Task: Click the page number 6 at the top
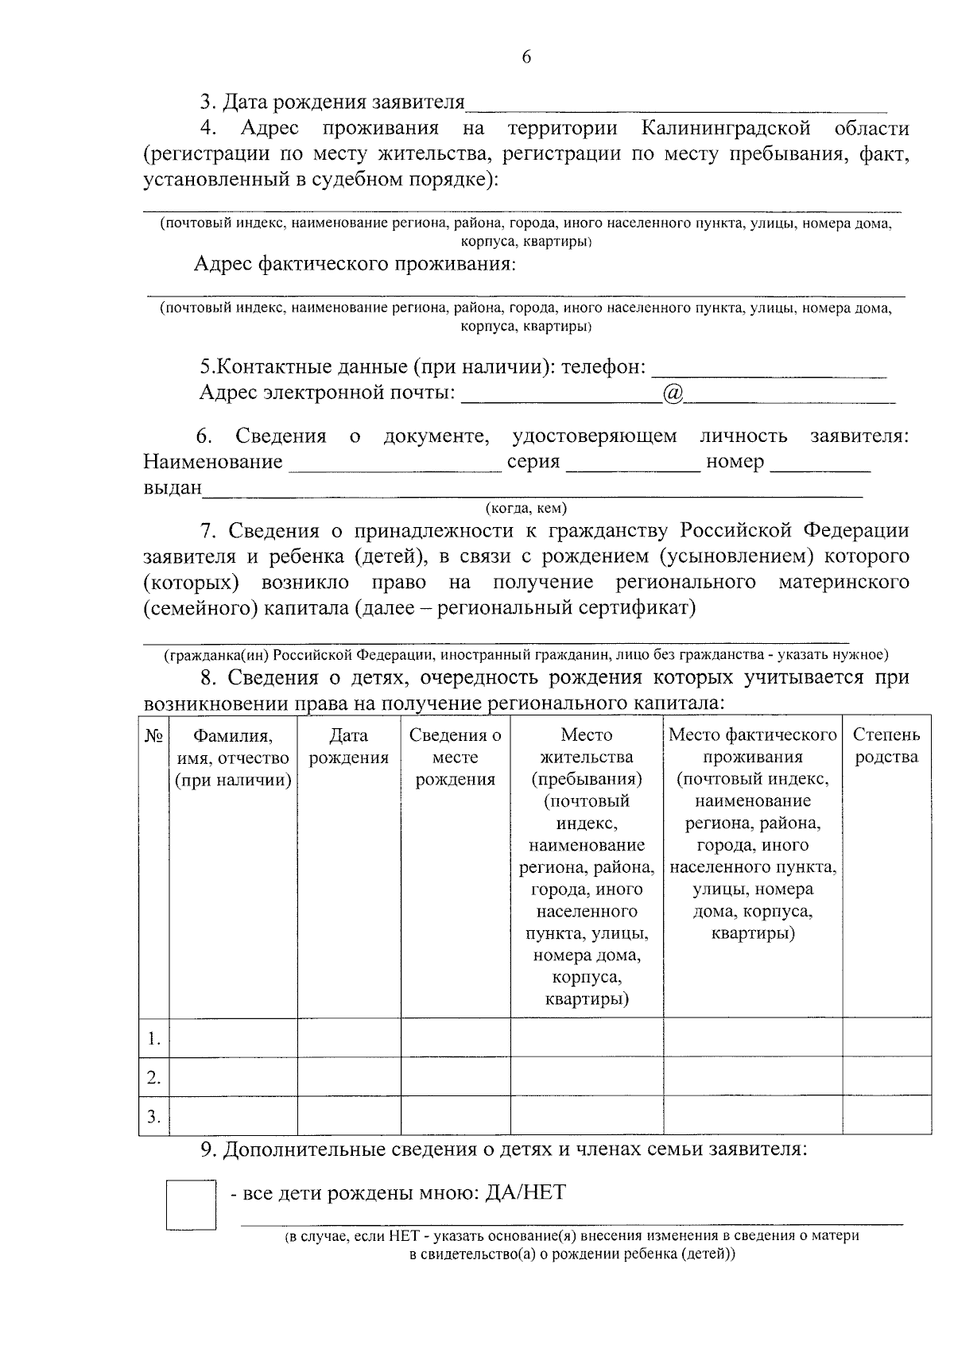pyautogui.click(x=525, y=56)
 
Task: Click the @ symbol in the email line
pyautogui.click(x=673, y=393)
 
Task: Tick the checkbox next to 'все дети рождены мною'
pyautogui.click(x=191, y=1205)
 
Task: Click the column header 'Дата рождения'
pyautogui.click(x=348, y=746)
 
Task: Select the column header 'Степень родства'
pyautogui.click(x=886, y=746)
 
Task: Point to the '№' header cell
pyautogui.click(x=154, y=736)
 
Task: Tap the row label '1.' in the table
pyautogui.click(x=154, y=1038)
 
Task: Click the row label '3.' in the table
pyautogui.click(x=154, y=1117)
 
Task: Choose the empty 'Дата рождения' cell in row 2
pyautogui.click(x=348, y=1077)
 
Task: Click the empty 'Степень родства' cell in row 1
pyautogui.click(x=886, y=1038)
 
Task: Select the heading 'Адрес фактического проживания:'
pyautogui.click(x=355, y=264)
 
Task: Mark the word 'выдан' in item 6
pyautogui.click(x=173, y=488)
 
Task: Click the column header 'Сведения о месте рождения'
pyautogui.click(x=455, y=758)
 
